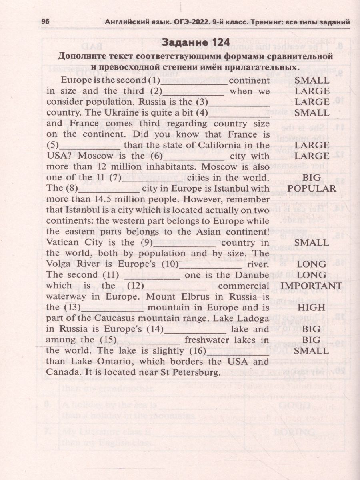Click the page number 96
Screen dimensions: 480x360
pos(45,22)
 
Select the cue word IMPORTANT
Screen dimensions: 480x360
pos(312,286)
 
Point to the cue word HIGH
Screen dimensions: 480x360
pos(312,307)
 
